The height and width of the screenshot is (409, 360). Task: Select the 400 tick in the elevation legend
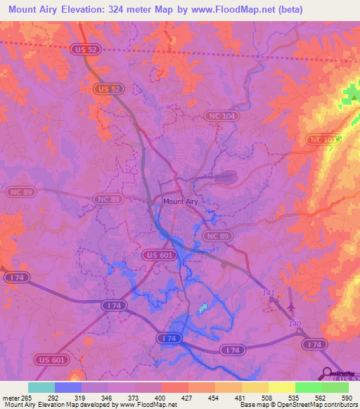[162, 398]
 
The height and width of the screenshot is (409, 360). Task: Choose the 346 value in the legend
[108, 398]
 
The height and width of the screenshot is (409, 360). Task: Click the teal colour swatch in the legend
[41, 387]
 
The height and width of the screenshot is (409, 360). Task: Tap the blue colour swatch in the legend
[68, 387]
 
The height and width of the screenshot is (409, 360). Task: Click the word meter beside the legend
[9, 398]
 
